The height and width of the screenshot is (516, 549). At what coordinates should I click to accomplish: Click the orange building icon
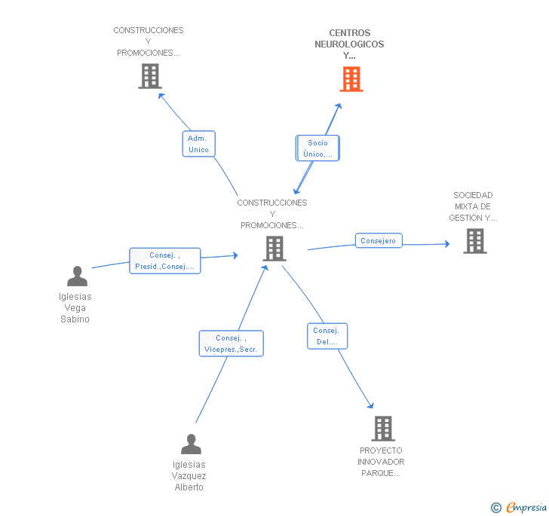[351, 79]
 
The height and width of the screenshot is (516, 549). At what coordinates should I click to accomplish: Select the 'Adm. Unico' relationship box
[198, 144]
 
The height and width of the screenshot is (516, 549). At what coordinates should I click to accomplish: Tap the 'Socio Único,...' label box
[317, 148]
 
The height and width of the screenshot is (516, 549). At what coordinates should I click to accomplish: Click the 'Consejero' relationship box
[379, 241]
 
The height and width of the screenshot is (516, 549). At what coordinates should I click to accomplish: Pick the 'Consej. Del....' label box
[327, 336]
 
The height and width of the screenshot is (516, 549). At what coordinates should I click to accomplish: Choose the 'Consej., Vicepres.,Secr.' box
[231, 343]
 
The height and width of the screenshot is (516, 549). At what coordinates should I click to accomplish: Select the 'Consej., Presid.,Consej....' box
[165, 261]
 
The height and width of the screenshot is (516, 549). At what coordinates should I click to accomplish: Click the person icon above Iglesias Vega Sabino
[77, 276]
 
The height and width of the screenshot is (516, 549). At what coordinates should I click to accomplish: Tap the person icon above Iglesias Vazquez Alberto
[192, 444]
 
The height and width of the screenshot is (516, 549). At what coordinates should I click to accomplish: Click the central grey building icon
[274, 249]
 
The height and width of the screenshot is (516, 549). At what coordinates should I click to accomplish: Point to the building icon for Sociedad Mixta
[475, 241]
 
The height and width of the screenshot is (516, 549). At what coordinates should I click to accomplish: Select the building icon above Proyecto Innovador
[383, 429]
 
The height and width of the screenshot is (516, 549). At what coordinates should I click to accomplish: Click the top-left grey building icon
[150, 76]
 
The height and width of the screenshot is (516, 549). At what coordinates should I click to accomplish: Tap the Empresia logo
[519, 507]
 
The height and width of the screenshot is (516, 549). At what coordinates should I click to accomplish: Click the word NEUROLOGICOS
[349, 44]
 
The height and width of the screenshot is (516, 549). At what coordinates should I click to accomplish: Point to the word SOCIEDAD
[473, 195]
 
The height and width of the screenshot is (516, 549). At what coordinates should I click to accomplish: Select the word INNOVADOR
[381, 462]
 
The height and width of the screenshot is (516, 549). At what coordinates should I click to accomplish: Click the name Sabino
[75, 319]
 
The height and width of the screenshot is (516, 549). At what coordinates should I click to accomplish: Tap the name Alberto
[189, 487]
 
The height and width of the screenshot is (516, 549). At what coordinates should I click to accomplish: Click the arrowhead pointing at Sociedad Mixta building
[447, 244]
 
